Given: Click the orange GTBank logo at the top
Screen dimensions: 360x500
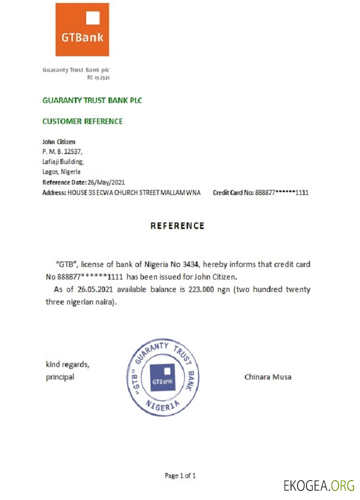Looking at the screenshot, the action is [x=82, y=29].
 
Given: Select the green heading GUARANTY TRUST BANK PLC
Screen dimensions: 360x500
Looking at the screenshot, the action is [x=92, y=100].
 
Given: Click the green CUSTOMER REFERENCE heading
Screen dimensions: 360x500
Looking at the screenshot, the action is [x=82, y=121].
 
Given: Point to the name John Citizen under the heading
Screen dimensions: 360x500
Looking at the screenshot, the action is [x=59, y=142].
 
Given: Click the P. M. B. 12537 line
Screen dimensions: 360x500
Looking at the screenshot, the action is [x=62, y=151].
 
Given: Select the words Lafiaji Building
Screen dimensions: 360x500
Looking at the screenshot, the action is [x=63, y=161].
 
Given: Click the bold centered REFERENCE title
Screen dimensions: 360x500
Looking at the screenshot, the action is [x=177, y=226].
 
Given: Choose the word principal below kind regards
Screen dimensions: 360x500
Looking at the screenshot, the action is [x=60, y=377].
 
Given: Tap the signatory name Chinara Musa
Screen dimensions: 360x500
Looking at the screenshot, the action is [x=267, y=376].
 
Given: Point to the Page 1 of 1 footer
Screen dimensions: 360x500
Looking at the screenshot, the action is [x=180, y=475].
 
